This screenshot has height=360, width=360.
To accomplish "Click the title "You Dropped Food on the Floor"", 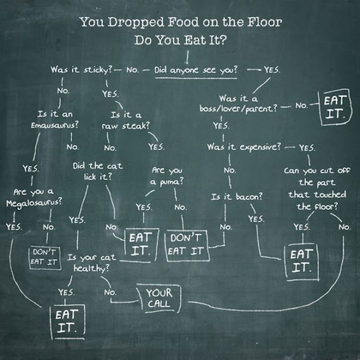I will pyautogui.click(x=180, y=23).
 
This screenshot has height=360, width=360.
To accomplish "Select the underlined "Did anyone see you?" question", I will pyautogui.click(x=196, y=71).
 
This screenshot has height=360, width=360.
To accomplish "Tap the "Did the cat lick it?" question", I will pyautogui.click(x=97, y=171).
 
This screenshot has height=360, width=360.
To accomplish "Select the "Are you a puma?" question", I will pyautogui.click(x=167, y=176).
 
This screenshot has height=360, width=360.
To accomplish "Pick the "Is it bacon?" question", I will pyautogui.click(x=237, y=197).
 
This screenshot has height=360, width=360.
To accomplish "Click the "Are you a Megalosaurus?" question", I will pyautogui.click(x=34, y=195).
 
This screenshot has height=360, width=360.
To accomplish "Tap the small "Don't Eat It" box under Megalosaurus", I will pyautogui.click(x=43, y=257).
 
